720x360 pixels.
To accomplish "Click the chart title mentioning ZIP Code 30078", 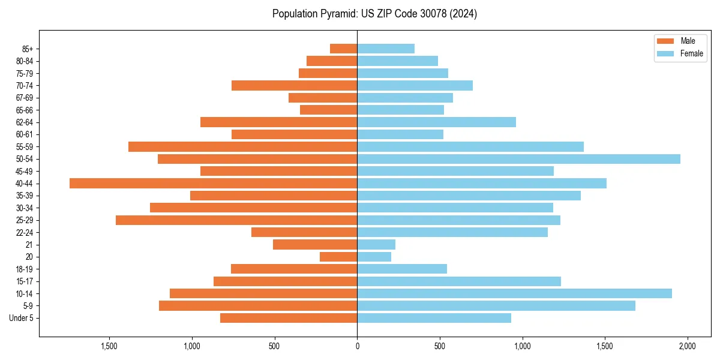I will point(374,14).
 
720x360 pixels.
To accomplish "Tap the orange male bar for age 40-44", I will point(213,183).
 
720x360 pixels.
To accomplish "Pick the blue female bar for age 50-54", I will point(518,159).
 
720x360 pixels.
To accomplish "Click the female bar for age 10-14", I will point(514,293).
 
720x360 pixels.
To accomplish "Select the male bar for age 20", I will point(338,257).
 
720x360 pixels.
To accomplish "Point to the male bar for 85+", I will point(343,49).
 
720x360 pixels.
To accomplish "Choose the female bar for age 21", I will point(376,244).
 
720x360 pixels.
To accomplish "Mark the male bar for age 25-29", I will point(236,220).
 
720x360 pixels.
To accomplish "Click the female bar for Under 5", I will point(434,318).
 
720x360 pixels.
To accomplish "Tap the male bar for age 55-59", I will point(242,146).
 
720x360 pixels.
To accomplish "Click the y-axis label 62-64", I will point(25,122).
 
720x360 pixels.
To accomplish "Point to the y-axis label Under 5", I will point(22,318).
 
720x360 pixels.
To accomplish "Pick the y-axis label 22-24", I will point(25,232).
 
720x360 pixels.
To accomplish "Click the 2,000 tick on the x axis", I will point(687,346).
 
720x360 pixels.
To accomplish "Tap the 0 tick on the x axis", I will point(357,346).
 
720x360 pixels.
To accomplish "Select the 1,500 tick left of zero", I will point(109,346).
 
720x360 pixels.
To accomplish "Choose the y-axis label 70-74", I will point(25,85).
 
